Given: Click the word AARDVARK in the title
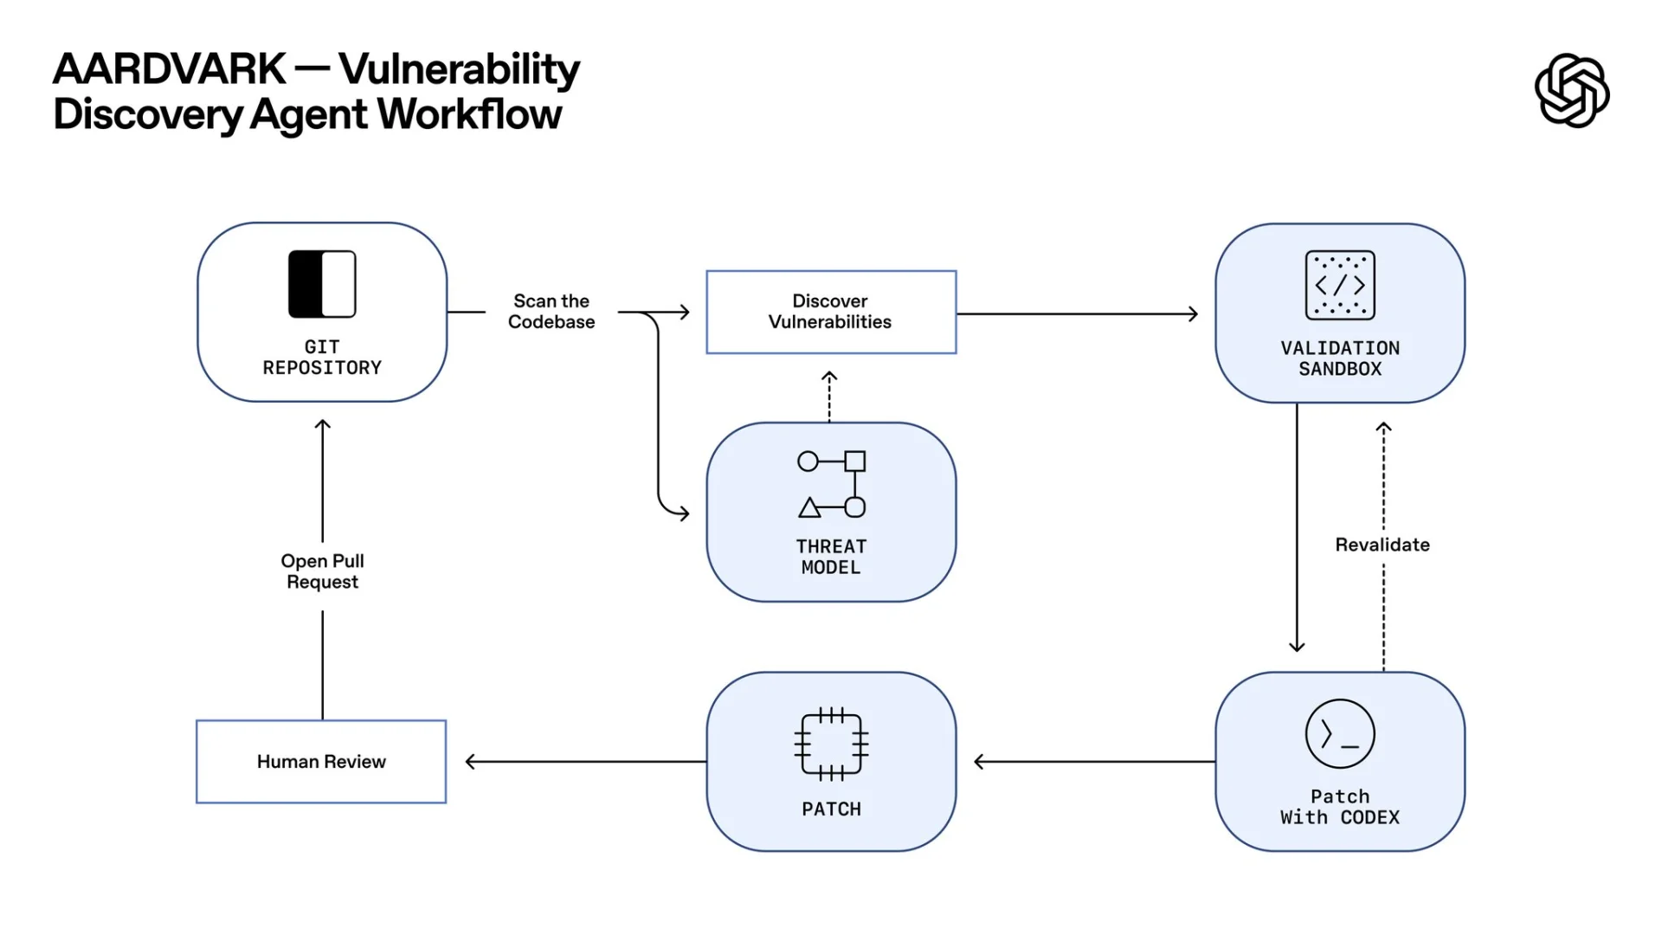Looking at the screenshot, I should pyautogui.click(x=170, y=69).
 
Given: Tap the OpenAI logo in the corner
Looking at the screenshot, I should pyautogui.click(x=1571, y=91).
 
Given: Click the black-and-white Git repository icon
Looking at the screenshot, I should pyautogui.click(x=322, y=284).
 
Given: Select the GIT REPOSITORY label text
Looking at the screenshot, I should pyautogui.click(x=322, y=358).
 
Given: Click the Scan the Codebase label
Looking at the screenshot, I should pyautogui.click(x=551, y=312).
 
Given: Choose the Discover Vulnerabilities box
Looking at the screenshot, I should pyautogui.click(x=831, y=312).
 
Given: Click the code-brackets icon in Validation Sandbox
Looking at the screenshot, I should pyautogui.click(x=1340, y=285).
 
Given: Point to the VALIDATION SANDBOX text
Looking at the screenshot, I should pyautogui.click(x=1340, y=358).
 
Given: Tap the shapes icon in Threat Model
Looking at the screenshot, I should pyautogui.click(x=831, y=485).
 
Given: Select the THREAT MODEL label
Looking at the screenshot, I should pyautogui.click(x=831, y=558).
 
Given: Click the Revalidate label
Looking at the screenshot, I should pyautogui.click(x=1382, y=545).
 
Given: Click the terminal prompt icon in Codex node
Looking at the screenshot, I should pyautogui.click(x=1340, y=734).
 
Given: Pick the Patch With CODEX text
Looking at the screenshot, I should pyautogui.click(x=1340, y=807).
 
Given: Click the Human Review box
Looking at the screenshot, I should pyautogui.click(x=321, y=762).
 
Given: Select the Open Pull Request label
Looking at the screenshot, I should pyautogui.click(x=322, y=571).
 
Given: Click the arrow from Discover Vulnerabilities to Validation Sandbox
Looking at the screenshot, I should pyautogui.click(x=1078, y=314).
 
